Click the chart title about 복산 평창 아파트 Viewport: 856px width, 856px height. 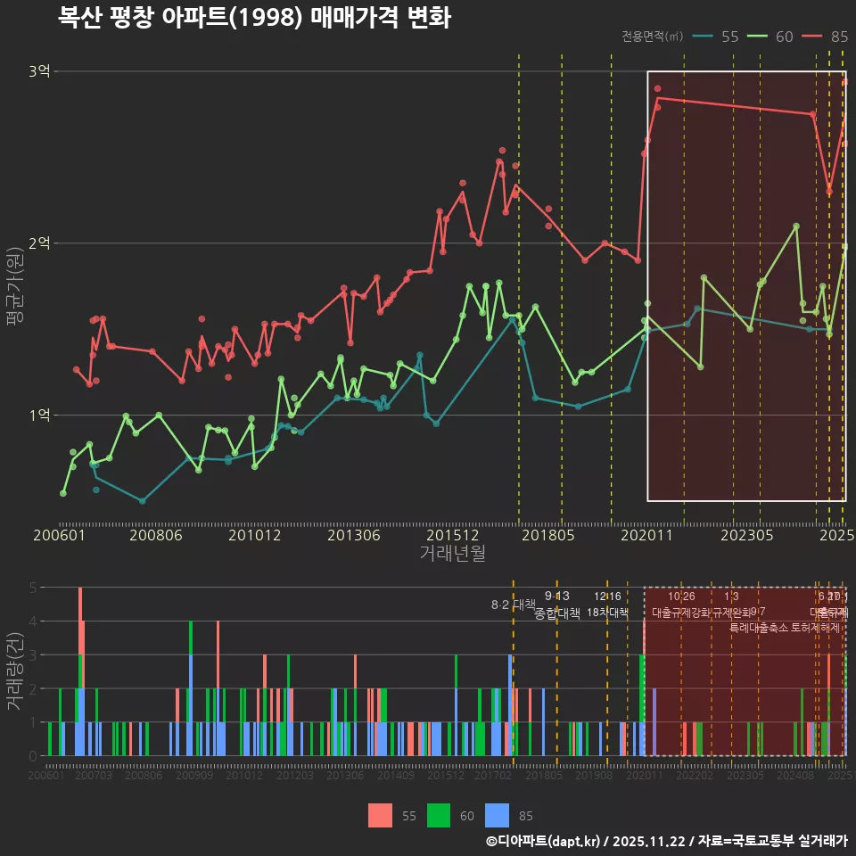[254, 17]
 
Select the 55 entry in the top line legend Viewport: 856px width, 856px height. [729, 37]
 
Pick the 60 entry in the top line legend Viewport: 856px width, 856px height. [785, 37]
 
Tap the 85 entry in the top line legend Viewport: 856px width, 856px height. [839, 37]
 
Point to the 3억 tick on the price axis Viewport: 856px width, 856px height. [38, 71]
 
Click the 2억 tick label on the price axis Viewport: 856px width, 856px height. [38, 243]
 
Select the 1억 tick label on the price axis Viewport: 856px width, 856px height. [38, 415]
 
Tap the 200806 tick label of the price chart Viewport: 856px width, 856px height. [155, 536]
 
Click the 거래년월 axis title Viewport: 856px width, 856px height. [452, 554]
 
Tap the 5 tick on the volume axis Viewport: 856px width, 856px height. [33, 588]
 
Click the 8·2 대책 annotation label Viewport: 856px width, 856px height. [513, 605]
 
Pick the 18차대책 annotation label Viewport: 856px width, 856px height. [607, 613]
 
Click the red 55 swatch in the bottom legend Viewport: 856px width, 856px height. [381, 815]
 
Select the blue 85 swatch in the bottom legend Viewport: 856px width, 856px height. [497, 815]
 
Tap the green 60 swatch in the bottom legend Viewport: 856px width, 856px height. [439, 815]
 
